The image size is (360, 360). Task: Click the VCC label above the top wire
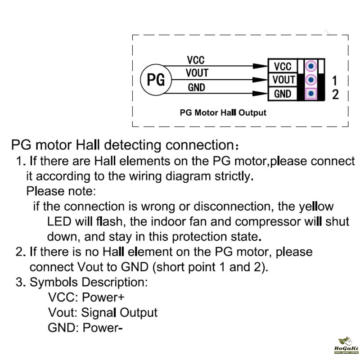pos(196,60)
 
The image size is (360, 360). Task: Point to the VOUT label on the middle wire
pos(197,73)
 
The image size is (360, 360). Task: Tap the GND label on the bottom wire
pos(196,87)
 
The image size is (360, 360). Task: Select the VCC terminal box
pos(283,67)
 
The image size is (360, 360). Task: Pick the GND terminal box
pos(283,94)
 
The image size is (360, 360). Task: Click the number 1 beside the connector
pos(335,81)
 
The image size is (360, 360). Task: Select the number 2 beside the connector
pos(335,94)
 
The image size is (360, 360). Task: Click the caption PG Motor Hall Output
pos(223,112)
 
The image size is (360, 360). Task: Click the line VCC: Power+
pos(86,298)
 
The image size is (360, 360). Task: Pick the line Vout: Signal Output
pos(103,312)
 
